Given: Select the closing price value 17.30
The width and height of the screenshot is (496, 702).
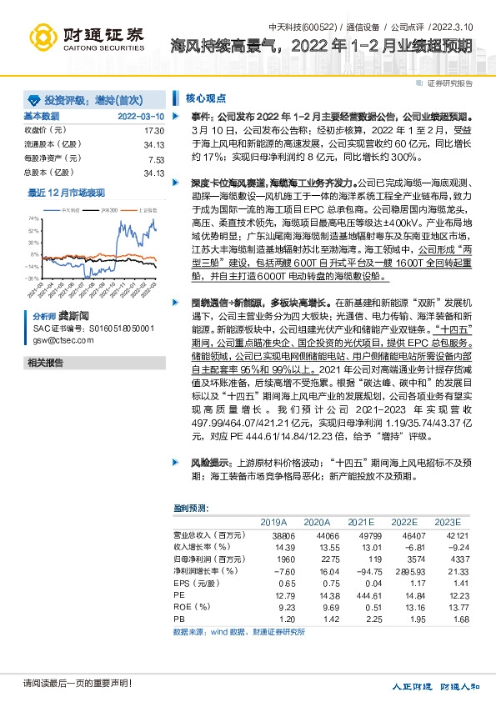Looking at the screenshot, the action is tap(154, 131).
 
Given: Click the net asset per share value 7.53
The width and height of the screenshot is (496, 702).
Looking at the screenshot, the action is tap(156, 158).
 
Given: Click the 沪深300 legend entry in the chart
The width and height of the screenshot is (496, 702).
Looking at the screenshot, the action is tap(109, 212).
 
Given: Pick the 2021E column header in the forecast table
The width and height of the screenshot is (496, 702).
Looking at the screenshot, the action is tap(361, 521).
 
